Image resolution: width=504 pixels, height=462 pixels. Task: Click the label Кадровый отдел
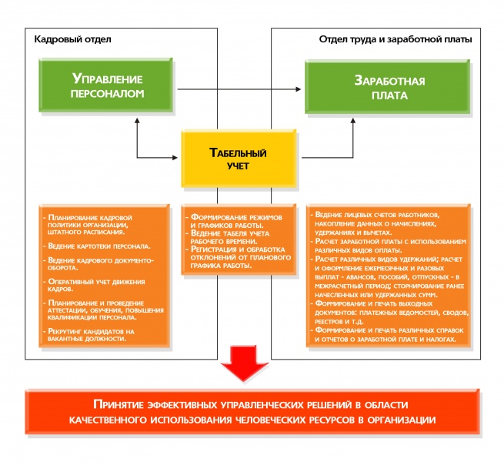[62, 38]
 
